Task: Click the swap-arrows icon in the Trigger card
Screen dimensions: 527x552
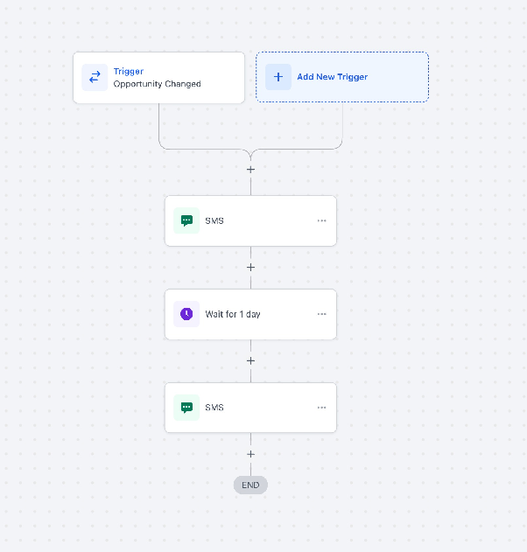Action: click(x=95, y=77)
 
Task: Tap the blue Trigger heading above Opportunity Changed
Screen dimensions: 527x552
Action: click(x=129, y=72)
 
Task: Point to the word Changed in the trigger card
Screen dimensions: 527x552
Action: click(x=183, y=84)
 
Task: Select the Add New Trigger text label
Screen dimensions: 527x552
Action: click(x=332, y=77)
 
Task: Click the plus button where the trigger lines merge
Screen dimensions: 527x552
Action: click(x=251, y=170)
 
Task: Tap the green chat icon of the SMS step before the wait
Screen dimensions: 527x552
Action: click(x=186, y=220)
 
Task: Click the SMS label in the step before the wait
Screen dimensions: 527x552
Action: click(x=214, y=220)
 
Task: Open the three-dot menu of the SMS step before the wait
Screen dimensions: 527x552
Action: click(x=321, y=220)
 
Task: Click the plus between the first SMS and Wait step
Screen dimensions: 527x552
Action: click(x=251, y=268)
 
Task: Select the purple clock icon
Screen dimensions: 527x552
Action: click(x=186, y=314)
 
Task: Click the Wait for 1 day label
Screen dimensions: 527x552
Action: click(x=233, y=314)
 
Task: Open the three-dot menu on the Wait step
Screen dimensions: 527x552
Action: click(x=321, y=314)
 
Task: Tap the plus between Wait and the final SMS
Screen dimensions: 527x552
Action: click(x=251, y=360)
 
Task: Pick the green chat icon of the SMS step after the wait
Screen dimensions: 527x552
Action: click(x=186, y=408)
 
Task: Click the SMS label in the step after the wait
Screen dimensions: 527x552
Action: click(x=214, y=408)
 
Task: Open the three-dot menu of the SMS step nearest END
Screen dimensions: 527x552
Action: click(x=321, y=408)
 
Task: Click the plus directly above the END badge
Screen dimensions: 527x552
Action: click(x=251, y=454)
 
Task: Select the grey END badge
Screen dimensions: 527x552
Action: click(x=250, y=486)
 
